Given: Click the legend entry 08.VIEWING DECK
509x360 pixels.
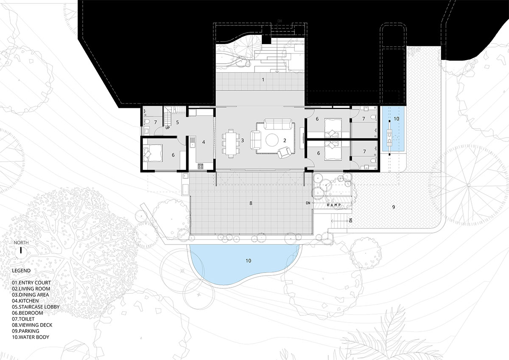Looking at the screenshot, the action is point(32,325).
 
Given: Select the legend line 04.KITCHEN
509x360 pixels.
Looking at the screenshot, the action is point(25,301).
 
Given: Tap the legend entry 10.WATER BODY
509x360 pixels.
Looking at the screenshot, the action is point(31,337).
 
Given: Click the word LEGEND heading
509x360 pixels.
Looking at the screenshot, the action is point(21,270).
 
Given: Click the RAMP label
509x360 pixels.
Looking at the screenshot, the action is point(334,205).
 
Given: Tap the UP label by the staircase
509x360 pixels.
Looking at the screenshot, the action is point(168,128).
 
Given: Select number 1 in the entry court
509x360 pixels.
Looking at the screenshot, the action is point(263,80).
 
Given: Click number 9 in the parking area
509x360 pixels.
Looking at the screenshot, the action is point(394,207).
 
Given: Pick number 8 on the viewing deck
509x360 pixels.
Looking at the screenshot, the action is point(251,203).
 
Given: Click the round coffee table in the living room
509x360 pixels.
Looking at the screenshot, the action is point(272,140).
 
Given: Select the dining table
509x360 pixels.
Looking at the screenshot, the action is point(231,143).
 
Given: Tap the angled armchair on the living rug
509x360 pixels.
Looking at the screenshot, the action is point(284,152).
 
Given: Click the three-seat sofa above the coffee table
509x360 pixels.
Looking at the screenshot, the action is point(278,124).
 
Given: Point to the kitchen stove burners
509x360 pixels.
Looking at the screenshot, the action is point(201,166).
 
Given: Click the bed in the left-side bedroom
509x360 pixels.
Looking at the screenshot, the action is point(153,153).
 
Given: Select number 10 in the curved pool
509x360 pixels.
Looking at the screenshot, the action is point(249,261).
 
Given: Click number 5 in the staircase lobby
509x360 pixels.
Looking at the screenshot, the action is point(177,122).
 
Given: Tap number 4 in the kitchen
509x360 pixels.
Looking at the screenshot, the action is point(204,142).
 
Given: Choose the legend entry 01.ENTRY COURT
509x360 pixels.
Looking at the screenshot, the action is point(31,283).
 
